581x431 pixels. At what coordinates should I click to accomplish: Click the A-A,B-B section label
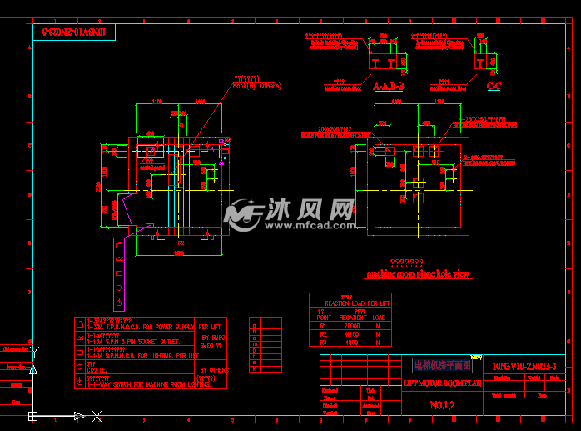388,85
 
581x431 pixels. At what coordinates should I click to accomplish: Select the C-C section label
494,85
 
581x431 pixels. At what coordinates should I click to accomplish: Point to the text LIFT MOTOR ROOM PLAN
442,383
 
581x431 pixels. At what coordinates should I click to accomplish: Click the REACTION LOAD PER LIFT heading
357,303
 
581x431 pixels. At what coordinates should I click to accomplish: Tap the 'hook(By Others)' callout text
257,85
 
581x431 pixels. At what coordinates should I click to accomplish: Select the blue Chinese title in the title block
442,365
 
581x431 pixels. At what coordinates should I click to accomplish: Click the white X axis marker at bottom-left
97,415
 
